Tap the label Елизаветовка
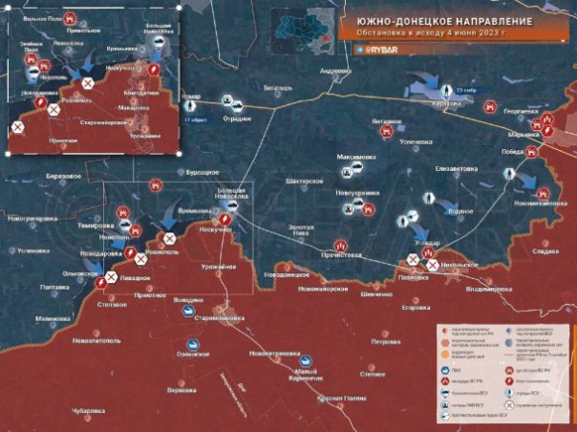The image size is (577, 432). coord(455,169)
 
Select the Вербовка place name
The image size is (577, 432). coord(182,389)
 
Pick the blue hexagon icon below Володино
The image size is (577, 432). coord(188,311)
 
